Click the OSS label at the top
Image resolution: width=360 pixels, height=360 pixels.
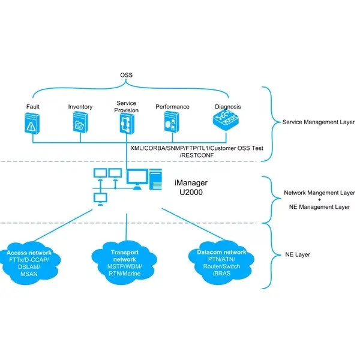127,76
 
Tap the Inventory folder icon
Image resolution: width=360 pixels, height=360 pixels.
80,124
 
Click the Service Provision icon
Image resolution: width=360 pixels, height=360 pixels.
127,123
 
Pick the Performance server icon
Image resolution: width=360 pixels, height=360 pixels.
172,123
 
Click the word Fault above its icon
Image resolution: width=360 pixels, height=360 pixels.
32,107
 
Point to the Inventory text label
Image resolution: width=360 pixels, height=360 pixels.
80,107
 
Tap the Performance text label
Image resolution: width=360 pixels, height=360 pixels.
172,107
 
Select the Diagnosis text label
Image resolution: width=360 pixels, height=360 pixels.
228,107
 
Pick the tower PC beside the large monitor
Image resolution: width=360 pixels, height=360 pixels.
156,178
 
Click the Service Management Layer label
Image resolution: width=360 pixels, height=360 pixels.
318,122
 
